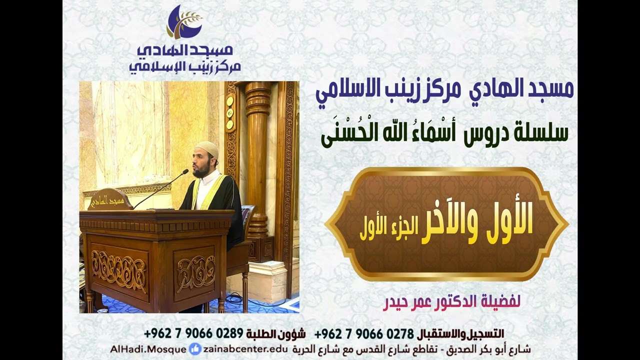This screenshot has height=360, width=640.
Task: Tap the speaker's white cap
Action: pos(207,148)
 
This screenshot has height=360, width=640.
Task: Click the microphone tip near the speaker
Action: pos(185,171)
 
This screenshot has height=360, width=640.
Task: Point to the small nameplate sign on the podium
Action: pos(110,199)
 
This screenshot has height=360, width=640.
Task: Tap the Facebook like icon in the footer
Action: pos(195,349)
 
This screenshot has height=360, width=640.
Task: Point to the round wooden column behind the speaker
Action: pos(257,160)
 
